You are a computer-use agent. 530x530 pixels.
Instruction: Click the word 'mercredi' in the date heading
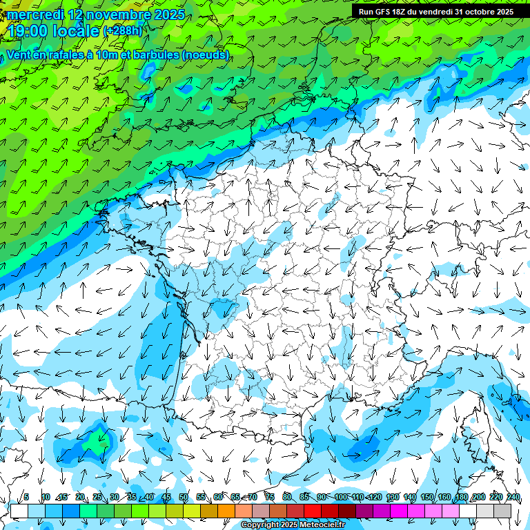click(35, 14)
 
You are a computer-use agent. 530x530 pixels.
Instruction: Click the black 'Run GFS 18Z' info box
click(435, 12)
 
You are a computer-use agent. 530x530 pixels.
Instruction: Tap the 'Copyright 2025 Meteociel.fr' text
click(293, 525)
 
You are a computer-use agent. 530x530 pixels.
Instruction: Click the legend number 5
click(26, 498)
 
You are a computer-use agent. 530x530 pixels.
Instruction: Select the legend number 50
click(184, 498)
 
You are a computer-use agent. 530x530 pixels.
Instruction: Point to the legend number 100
click(340, 498)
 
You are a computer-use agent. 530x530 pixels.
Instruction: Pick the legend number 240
click(513, 498)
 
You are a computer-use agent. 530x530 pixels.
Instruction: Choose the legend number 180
click(461, 498)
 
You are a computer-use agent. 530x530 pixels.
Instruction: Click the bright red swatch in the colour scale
click(313, 511)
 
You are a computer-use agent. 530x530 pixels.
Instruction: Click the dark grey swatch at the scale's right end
click(502, 511)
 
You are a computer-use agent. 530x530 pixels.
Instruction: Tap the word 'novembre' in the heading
click(113, 14)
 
